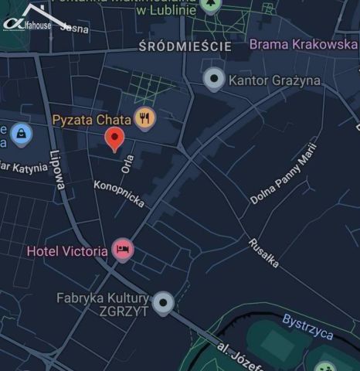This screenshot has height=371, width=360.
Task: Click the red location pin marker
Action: click(114, 139)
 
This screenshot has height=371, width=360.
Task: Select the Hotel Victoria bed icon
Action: click(122, 250)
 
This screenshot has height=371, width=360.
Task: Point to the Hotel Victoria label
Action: click(67, 251)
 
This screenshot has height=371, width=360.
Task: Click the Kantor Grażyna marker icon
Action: click(214, 79)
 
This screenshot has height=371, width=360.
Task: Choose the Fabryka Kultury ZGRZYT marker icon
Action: click(162, 303)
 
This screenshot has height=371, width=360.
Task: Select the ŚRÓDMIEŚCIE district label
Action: click(185, 47)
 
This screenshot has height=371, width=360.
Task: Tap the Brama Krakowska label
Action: click(303, 45)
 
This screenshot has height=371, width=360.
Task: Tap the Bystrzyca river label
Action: click(307, 326)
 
